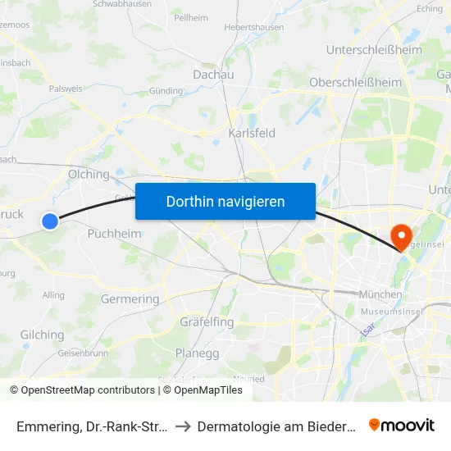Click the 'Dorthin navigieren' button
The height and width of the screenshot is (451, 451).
pos(225,201)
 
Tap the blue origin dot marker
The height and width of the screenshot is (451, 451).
pos(50,221)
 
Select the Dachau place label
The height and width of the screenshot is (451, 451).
pos(213,75)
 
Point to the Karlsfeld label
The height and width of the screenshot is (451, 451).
pos(251,133)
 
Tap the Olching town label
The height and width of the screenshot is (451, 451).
pos(89,174)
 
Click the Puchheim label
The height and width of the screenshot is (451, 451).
pos(114,234)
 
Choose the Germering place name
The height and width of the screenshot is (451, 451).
pos(130,299)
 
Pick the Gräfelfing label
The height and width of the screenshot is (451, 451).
pos(207,321)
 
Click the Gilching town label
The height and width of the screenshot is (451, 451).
pos(42,335)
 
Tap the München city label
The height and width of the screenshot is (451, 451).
pos(380,294)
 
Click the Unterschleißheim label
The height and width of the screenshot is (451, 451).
pos(374,50)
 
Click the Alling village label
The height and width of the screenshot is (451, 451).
pos(53,295)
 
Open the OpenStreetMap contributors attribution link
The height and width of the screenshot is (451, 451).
pos(88,390)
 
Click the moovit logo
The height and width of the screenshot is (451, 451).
pos(402,425)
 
